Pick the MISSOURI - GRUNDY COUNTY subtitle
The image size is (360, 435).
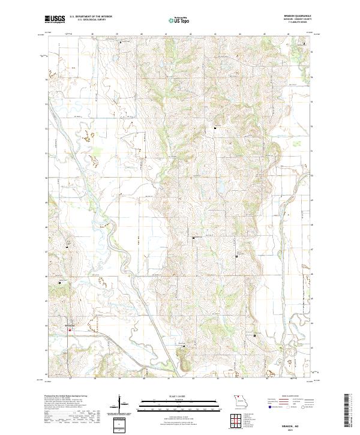(301, 21)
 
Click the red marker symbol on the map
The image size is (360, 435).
(70, 329)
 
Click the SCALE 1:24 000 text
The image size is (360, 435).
(179, 397)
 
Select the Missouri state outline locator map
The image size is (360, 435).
(241, 401)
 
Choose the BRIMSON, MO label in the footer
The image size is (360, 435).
(300, 424)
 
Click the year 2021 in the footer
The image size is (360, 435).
(300, 428)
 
